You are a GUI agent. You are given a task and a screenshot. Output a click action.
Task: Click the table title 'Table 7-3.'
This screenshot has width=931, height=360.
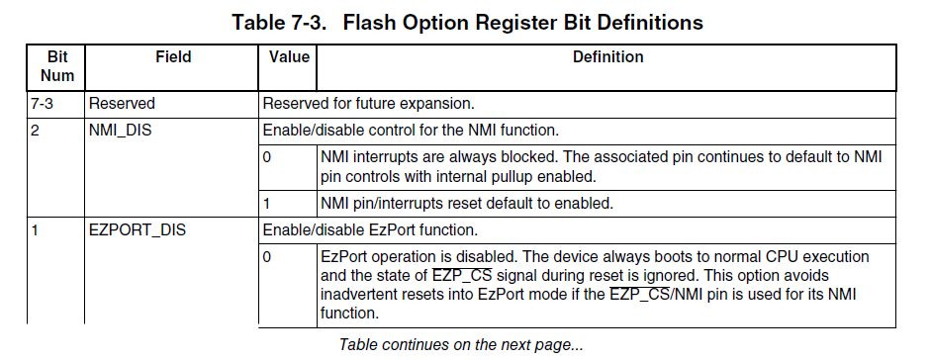[x=278, y=23]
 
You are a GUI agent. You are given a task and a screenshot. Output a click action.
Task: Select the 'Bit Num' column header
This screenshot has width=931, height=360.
[x=57, y=66]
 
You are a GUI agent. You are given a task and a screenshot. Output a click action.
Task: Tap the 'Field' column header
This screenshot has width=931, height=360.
[x=173, y=57]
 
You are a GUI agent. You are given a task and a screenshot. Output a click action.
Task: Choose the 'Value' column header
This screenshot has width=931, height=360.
[x=289, y=57]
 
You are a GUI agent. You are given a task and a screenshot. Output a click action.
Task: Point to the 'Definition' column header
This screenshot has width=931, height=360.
[x=608, y=57]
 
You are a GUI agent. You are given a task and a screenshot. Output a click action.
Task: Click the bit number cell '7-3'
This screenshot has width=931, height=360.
[x=42, y=104]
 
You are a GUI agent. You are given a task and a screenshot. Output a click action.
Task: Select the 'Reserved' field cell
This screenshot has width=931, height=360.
[x=122, y=104]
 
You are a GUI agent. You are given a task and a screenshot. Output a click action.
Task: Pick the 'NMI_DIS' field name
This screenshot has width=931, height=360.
[x=120, y=130]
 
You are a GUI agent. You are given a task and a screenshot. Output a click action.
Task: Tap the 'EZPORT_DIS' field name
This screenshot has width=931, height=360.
[x=138, y=229]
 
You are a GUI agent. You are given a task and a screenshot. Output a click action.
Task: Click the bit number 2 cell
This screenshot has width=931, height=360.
[x=35, y=130]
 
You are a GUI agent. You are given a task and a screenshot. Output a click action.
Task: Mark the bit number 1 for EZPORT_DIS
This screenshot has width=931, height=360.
[x=35, y=229]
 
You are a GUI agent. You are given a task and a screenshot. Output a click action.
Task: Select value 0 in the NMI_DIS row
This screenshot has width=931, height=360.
[x=267, y=158]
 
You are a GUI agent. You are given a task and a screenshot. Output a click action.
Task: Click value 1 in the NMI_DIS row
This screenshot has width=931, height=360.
[x=267, y=204]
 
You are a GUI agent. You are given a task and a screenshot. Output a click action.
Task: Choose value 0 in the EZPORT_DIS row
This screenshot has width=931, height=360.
[x=267, y=257]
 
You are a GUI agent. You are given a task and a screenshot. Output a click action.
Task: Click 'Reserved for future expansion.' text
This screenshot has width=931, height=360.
[x=369, y=104]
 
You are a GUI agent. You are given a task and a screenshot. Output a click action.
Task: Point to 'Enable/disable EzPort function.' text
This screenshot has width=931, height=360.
[x=370, y=229]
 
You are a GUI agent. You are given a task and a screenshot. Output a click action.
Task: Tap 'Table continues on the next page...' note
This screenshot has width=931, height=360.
[x=461, y=344]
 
